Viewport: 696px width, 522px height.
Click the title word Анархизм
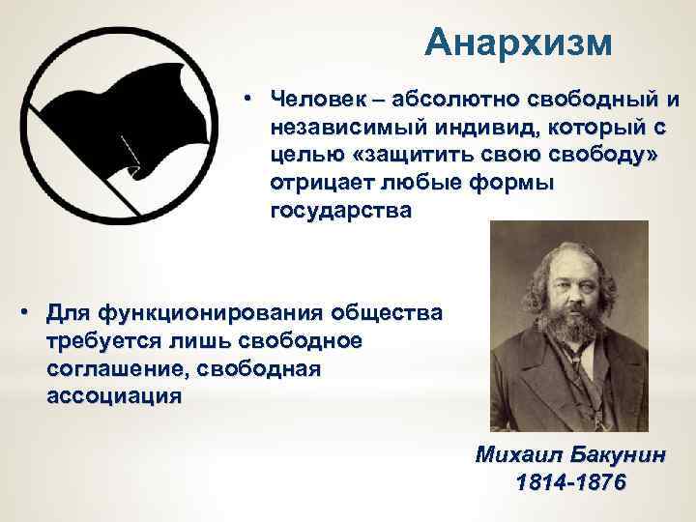pos(519,43)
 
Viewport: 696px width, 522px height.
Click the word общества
pos(388,314)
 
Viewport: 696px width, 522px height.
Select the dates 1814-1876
pos(571,481)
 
